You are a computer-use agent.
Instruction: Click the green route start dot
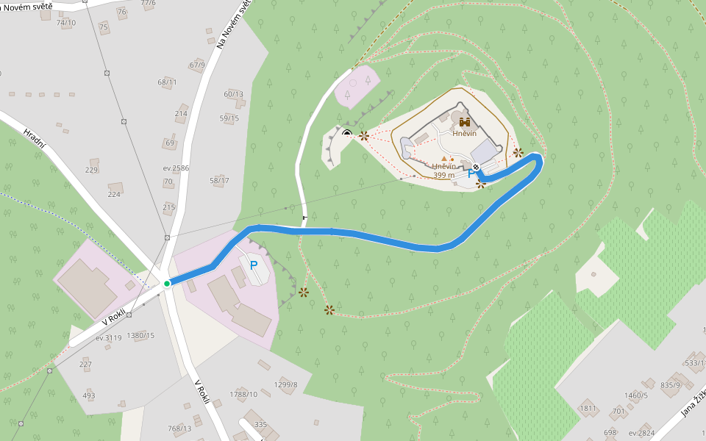(167, 284)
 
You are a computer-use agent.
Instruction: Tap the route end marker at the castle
(477, 168)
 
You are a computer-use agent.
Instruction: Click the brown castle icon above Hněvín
(464, 122)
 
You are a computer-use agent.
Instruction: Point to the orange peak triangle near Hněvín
(443, 158)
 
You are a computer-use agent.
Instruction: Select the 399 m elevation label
(444, 176)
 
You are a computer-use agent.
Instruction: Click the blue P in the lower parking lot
(254, 265)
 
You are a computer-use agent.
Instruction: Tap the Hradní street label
(35, 139)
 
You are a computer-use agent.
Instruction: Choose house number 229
(91, 170)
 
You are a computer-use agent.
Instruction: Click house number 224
(114, 194)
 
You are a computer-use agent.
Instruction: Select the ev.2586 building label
(176, 168)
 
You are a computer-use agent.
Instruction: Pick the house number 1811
(588, 408)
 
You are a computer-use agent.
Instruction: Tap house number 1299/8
(285, 384)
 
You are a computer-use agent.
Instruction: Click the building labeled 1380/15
(140, 336)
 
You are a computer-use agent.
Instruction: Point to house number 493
(89, 395)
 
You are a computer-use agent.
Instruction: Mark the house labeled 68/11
(167, 82)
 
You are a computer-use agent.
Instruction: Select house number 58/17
(219, 180)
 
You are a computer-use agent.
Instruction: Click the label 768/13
(179, 428)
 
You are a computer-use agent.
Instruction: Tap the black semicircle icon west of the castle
(347, 133)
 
